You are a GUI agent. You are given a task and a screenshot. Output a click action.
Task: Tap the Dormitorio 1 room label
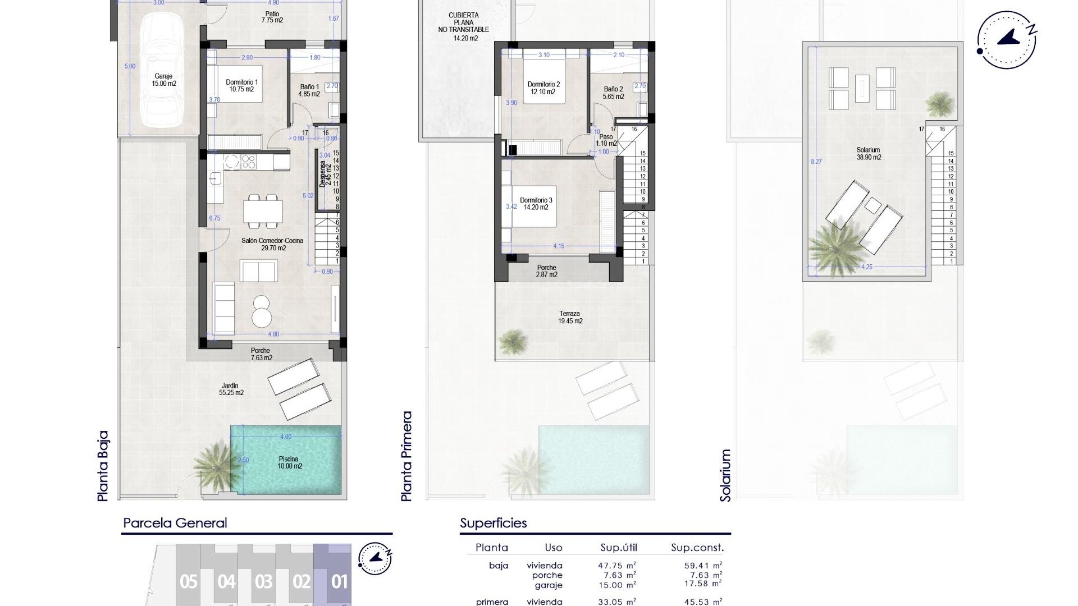[241, 86]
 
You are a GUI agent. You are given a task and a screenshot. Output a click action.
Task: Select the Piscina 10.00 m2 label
[290, 462]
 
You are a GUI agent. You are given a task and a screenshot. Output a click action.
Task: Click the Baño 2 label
[613, 93]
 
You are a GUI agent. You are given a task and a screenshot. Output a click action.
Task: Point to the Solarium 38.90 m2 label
[868, 154]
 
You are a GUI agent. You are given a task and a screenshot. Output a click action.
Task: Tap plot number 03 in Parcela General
[263, 581]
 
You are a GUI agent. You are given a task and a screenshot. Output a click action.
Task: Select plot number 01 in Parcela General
[339, 581]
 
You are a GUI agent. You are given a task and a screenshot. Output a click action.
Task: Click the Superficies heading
[493, 523]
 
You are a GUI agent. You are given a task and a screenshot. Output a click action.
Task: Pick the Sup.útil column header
[618, 548]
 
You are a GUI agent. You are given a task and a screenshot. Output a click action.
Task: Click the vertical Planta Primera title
[406, 456]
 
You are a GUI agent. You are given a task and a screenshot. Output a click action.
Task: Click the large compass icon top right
[1007, 40]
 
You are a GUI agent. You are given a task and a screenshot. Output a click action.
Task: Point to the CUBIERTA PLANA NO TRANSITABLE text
[464, 26]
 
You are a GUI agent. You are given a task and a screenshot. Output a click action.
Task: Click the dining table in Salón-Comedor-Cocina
[263, 212]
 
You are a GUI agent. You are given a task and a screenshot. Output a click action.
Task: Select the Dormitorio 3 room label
[536, 204]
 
